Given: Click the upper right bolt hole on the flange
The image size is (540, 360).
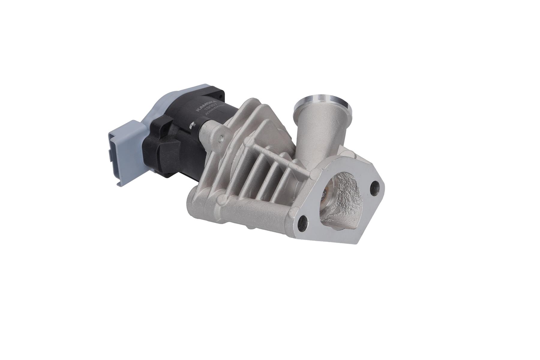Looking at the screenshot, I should [375, 187].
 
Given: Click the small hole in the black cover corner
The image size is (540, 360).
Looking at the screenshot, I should [220, 97].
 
